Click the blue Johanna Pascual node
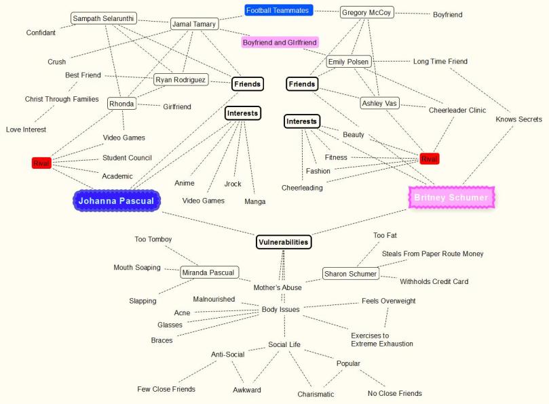[x=117, y=201]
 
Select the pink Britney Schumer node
[x=451, y=197]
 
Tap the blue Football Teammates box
[x=278, y=10]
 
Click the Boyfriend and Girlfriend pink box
[x=280, y=42]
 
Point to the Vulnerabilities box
[x=284, y=241]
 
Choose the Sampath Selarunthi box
[x=104, y=18]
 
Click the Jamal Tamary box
[x=194, y=24]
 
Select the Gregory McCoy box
[x=366, y=12]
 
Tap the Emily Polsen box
[x=349, y=62]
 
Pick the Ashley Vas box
[x=380, y=103]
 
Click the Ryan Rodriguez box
[x=181, y=80]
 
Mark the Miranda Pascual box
[x=210, y=272]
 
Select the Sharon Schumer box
[x=350, y=274]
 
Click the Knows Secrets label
[x=518, y=119]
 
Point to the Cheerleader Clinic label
[x=457, y=110]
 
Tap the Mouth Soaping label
[x=137, y=267]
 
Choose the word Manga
[x=255, y=201]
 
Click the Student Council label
[x=127, y=158]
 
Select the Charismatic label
[x=316, y=394]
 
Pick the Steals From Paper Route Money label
[x=432, y=254]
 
